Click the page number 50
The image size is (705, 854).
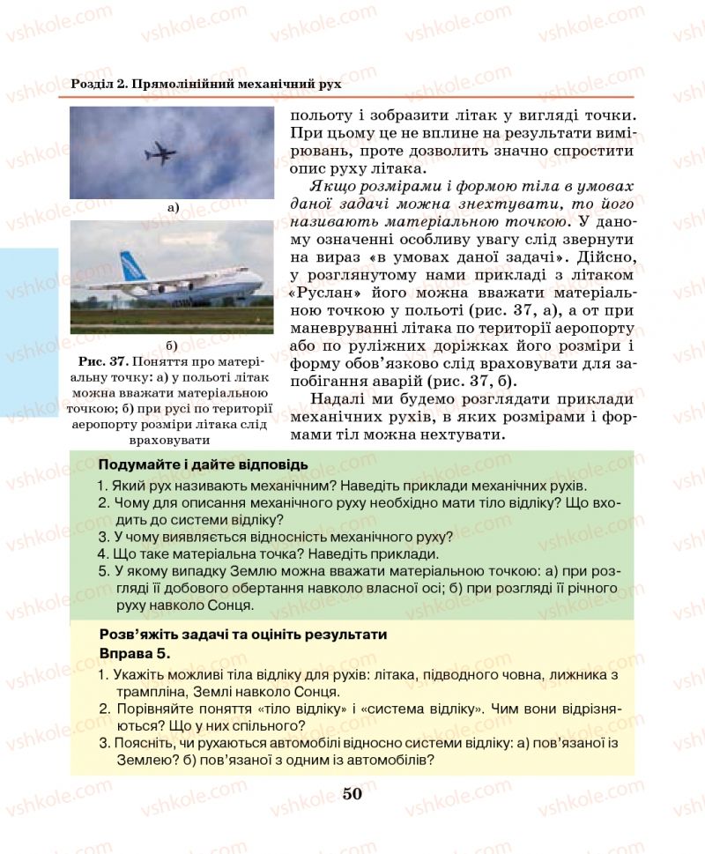(352, 794)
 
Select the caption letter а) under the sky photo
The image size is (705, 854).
(172, 208)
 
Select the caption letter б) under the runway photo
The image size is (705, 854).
(172, 344)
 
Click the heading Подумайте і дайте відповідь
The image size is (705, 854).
(203, 464)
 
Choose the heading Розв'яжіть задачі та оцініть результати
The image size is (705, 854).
(243, 635)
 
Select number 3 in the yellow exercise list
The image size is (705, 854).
(103, 744)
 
